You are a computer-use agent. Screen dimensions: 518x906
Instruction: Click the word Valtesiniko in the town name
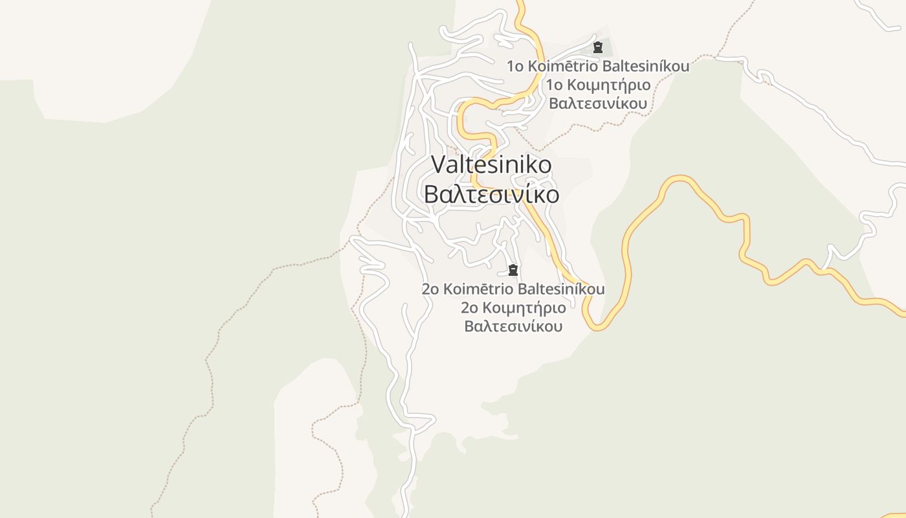tap(491, 164)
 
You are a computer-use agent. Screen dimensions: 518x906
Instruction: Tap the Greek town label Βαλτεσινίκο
tap(491, 194)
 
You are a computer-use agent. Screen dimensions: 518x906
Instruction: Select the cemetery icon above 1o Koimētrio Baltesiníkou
tap(597, 47)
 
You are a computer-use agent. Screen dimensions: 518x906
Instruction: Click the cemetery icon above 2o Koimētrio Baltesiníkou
tap(513, 270)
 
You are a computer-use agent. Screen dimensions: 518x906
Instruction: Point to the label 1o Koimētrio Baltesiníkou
tap(597, 66)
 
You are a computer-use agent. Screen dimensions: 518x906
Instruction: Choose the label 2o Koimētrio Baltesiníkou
tap(513, 289)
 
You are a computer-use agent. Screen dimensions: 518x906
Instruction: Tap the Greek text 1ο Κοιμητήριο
tap(598, 85)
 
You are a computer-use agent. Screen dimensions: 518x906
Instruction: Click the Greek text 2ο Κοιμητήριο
tap(513, 308)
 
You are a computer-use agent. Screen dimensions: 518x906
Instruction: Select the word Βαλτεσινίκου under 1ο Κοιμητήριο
tap(598, 104)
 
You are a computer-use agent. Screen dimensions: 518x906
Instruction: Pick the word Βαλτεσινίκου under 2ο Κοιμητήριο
tap(513, 326)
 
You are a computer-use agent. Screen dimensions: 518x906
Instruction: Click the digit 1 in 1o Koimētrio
tap(511, 66)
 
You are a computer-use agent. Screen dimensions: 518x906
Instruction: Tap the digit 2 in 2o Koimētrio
tap(426, 289)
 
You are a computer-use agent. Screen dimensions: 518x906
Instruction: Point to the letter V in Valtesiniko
tap(438, 164)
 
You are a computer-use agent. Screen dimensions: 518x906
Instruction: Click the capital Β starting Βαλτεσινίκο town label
tap(430, 194)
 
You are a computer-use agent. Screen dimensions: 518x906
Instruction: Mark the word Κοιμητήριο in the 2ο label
tap(524, 308)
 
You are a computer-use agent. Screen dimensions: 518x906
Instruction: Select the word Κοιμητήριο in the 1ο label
tap(609, 85)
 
